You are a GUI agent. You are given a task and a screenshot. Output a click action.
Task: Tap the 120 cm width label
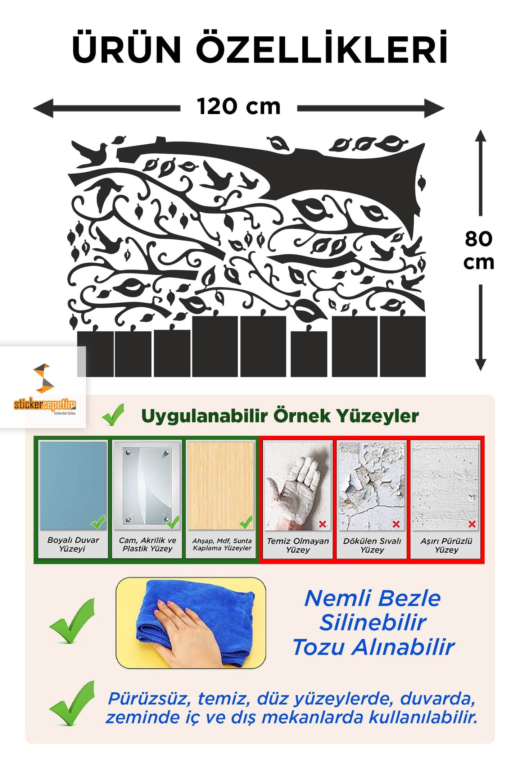[239, 107]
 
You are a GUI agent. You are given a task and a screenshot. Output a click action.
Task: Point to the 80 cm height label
[479, 250]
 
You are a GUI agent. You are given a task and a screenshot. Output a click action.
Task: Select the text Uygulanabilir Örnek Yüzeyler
[280, 416]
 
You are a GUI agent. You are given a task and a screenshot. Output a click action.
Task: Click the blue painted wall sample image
[73, 486]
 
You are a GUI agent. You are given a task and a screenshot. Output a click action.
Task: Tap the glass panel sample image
[147, 486]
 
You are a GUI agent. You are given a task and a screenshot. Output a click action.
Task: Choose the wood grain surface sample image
[221, 486]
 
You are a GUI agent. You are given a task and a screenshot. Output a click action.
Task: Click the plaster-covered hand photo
[298, 486]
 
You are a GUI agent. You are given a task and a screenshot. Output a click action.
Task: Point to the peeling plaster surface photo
[372, 486]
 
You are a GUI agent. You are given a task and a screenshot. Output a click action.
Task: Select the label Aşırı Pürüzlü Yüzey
[446, 545]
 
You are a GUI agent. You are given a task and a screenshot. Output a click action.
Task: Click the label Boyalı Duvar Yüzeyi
[73, 544]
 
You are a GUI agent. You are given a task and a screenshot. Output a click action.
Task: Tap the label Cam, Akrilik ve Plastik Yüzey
[148, 544]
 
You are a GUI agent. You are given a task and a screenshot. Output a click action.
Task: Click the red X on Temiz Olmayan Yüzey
[323, 524]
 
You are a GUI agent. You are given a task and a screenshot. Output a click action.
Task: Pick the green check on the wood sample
[246, 522]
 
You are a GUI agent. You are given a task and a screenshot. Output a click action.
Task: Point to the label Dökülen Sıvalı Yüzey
[372, 545]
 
